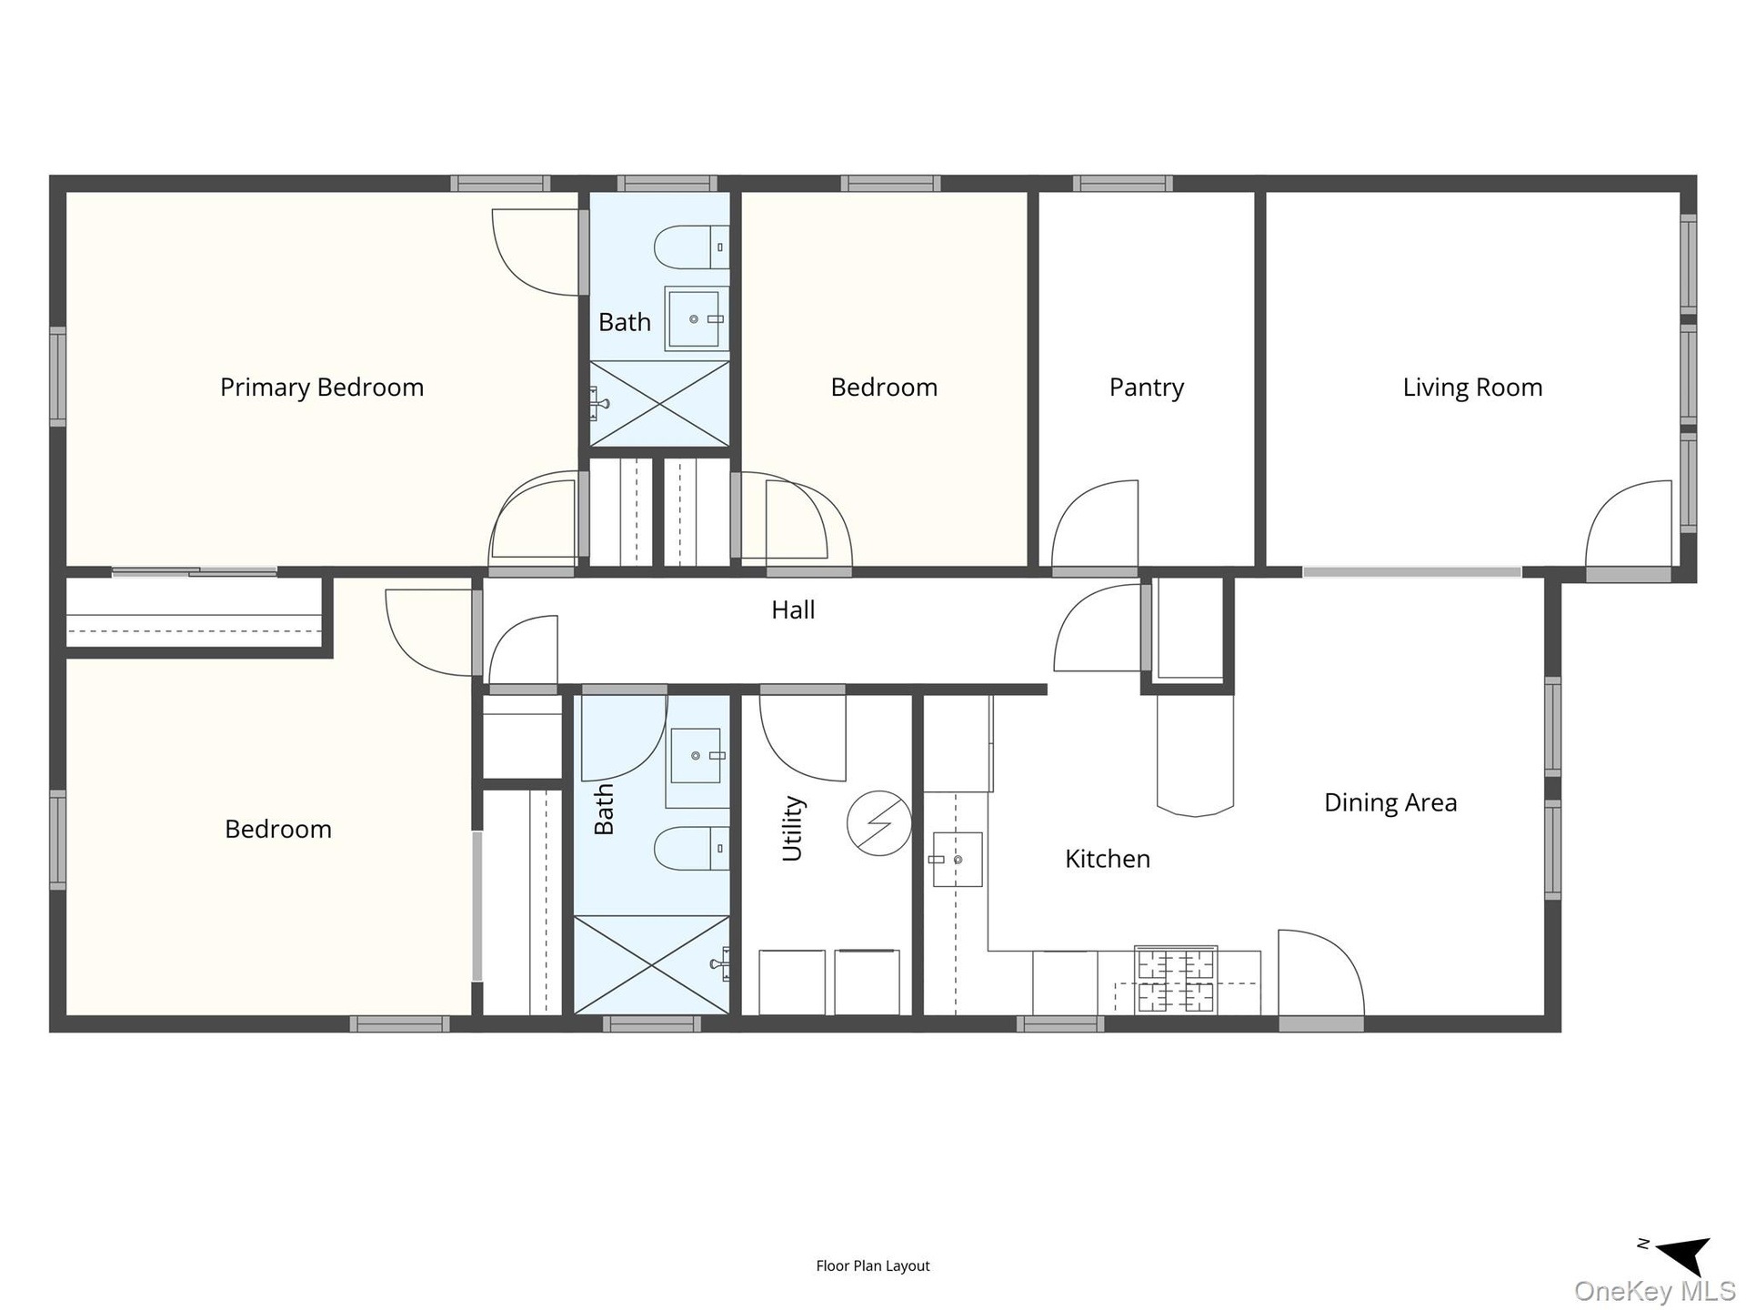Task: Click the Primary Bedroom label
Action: pos(322,388)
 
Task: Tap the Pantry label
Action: pos(1147,388)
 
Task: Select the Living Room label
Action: pos(1472,388)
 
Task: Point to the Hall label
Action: pos(793,610)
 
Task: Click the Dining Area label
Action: pos(1390,802)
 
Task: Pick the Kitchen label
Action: pos(1108,859)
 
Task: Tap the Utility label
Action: pos(792,828)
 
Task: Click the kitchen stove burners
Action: pos(1175,980)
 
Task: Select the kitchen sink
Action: pos(956,859)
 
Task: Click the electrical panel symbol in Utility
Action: pos(879,823)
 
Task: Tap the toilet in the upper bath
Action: pos(691,247)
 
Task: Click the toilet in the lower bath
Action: pos(691,848)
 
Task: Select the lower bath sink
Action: pos(697,756)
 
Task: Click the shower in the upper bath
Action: pos(659,404)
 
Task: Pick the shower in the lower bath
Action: pos(651,964)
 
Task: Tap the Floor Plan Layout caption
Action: pos(873,1265)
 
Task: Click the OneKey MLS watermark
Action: pos(1654,1290)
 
